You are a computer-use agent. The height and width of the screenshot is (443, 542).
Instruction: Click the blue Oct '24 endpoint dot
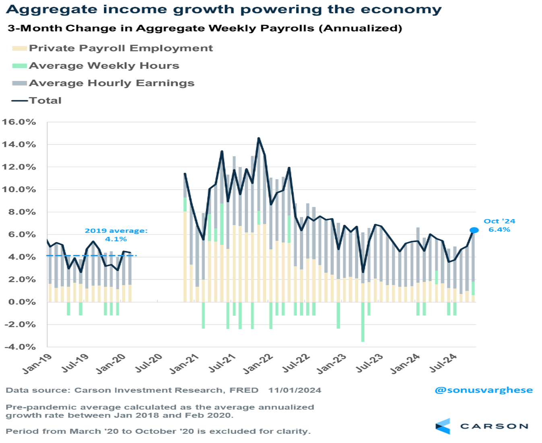pyautogui.click(x=474, y=230)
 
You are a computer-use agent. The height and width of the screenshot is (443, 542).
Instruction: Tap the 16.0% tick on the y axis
pyautogui.click(x=19, y=122)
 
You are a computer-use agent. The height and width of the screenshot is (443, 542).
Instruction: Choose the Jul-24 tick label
pyautogui.click(x=443, y=363)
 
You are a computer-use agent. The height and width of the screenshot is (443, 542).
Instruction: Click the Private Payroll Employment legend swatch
pyautogui.click(x=19, y=48)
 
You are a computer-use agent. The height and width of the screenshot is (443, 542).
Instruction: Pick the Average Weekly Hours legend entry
pyautogui.click(x=104, y=66)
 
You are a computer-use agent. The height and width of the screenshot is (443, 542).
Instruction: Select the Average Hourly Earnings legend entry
pyautogui.click(x=111, y=83)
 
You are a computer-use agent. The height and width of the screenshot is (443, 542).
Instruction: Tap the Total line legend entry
pyautogui.click(x=45, y=101)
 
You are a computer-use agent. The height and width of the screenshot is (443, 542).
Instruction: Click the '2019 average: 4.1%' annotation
pyautogui.click(x=116, y=235)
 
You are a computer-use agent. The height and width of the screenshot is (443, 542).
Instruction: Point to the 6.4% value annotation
pyautogui.click(x=499, y=230)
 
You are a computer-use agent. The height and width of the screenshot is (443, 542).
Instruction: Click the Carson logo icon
pyautogui.click(x=443, y=426)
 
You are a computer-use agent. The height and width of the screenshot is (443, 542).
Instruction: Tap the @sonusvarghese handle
pyautogui.click(x=483, y=390)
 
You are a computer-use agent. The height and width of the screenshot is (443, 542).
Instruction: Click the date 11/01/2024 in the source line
pyautogui.click(x=295, y=390)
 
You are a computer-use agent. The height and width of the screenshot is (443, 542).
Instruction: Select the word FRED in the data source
pyautogui.click(x=244, y=390)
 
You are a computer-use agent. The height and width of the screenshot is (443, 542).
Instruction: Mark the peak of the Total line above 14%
pyautogui.click(x=258, y=138)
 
